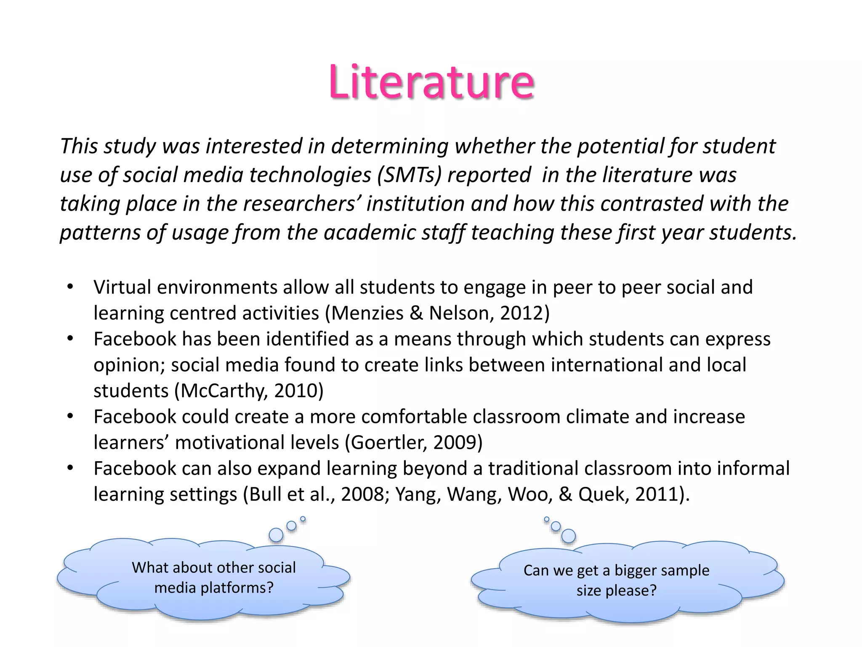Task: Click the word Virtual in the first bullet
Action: (122, 288)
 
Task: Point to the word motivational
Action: (257, 443)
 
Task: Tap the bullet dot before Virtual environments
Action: (70, 288)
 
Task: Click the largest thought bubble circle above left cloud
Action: (276, 535)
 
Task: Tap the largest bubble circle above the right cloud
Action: (568, 536)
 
